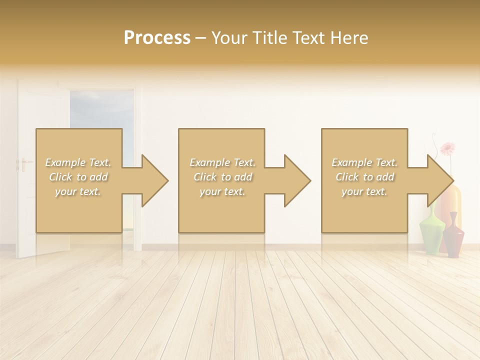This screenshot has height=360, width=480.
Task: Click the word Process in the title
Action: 157,38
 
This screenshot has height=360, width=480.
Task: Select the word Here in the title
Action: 350,38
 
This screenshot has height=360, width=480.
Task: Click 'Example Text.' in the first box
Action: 78,162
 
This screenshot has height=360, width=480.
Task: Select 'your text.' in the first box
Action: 78,191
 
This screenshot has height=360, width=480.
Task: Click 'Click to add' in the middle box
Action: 222,177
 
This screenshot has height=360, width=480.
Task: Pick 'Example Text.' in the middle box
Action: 222,162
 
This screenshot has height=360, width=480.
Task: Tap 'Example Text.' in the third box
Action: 364,162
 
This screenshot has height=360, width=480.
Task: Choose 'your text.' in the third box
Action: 364,191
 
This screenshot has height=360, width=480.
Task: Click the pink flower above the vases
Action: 448,148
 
